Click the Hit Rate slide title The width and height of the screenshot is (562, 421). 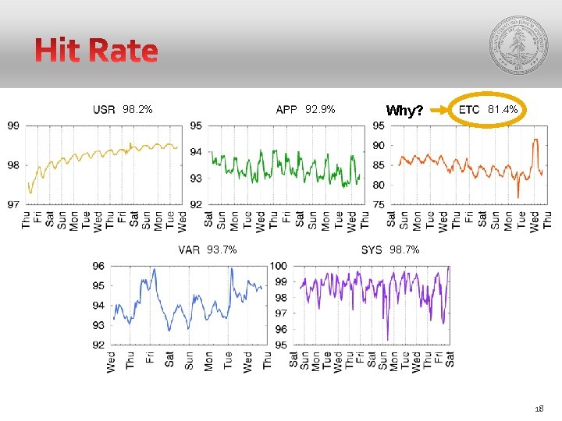[96, 51]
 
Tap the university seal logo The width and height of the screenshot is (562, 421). [518, 45]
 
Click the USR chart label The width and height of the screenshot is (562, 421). [104, 110]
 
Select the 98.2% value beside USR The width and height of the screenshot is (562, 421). [137, 110]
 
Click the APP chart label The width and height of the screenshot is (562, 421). [286, 110]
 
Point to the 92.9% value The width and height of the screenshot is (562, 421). [320, 110]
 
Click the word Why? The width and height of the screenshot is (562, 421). [404, 111]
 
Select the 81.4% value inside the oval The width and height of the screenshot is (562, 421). [503, 110]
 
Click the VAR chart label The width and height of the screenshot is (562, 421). [189, 250]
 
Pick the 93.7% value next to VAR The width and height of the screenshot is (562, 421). [222, 250]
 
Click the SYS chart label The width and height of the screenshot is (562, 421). [372, 250]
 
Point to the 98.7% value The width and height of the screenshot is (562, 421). [404, 250]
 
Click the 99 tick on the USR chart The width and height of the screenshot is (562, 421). [14, 125]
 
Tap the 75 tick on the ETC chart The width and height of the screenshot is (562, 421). [378, 205]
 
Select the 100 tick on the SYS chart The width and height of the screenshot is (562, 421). [279, 266]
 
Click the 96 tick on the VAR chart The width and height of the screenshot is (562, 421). [98, 266]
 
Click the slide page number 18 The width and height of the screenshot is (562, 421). [539, 409]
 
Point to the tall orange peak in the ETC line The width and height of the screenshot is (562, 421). [535, 141]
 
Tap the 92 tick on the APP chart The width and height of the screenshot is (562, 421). [196, 205]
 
